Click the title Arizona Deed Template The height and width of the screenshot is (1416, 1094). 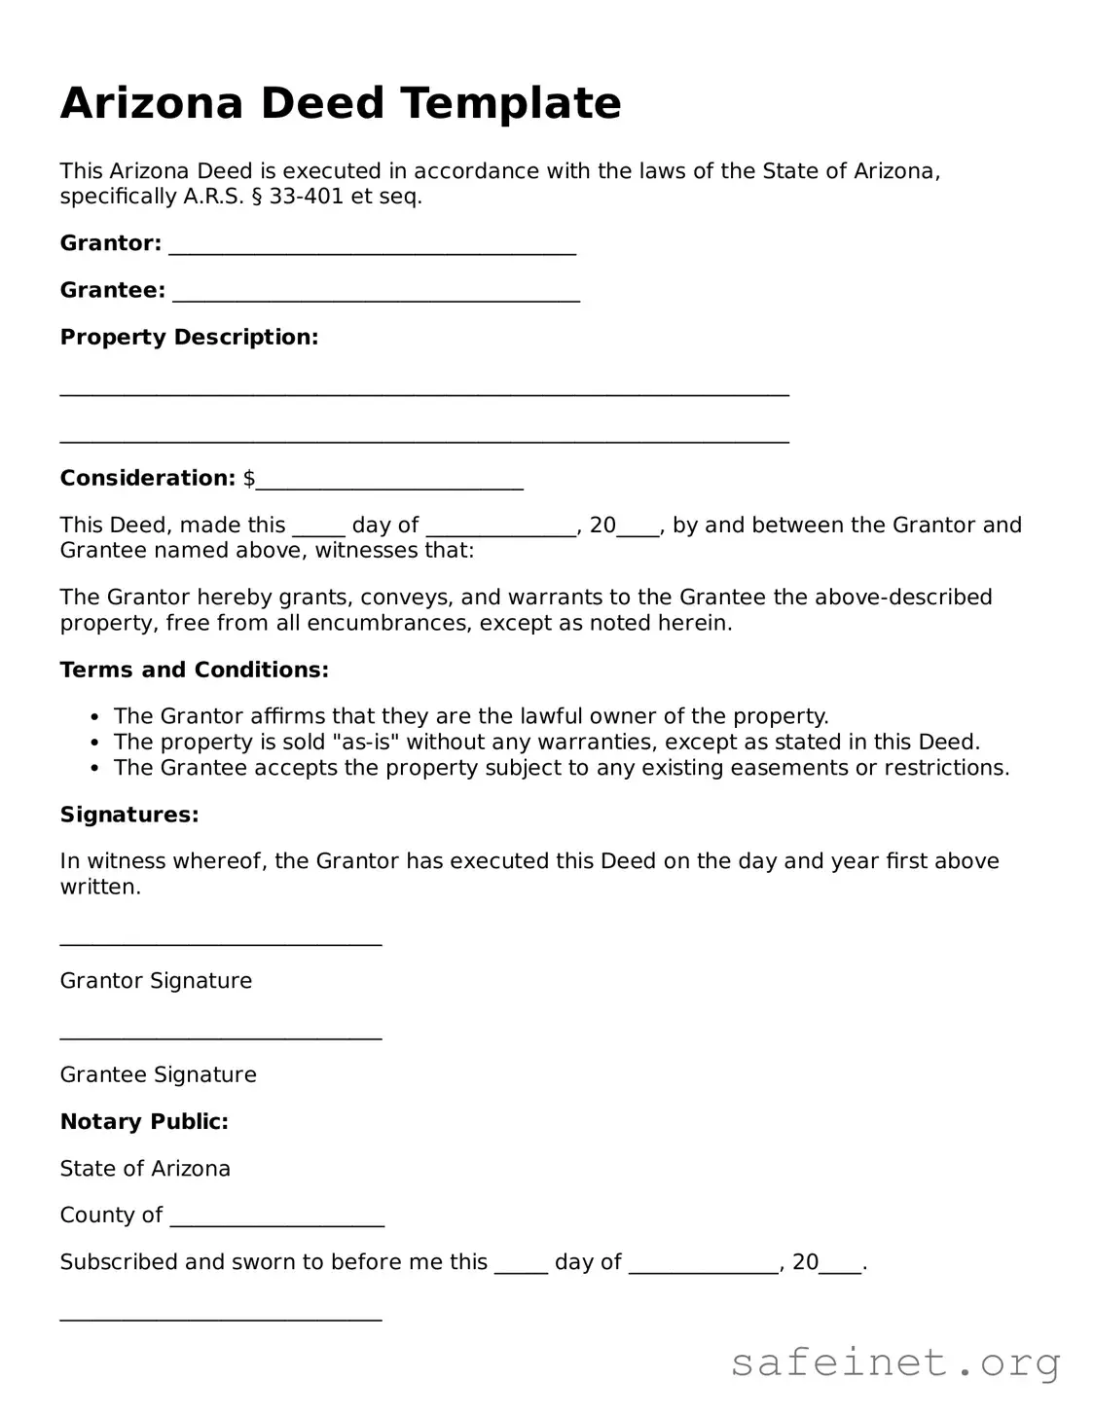(x=341, y=103)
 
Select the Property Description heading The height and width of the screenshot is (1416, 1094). (x=189, y=338)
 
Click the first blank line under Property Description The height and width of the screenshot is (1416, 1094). (x=424, y=392)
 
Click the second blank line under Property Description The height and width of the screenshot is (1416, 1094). (x=424, y=439)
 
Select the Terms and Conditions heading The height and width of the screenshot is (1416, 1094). (x=194, y=670)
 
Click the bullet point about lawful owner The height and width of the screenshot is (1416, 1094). (x=471, y=716)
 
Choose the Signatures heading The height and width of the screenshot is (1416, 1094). (x=129, y=815)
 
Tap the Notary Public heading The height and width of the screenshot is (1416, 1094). (x=144, y=1122)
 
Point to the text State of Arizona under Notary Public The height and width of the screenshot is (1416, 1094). (x=145, y=1169)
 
